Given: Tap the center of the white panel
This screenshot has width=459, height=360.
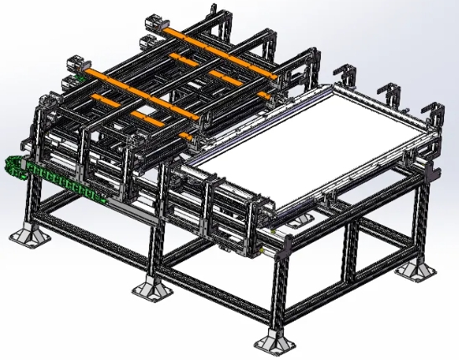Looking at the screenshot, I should (x=310, y=142).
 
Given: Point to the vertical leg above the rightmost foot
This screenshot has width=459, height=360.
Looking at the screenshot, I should (x=415, y=226).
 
